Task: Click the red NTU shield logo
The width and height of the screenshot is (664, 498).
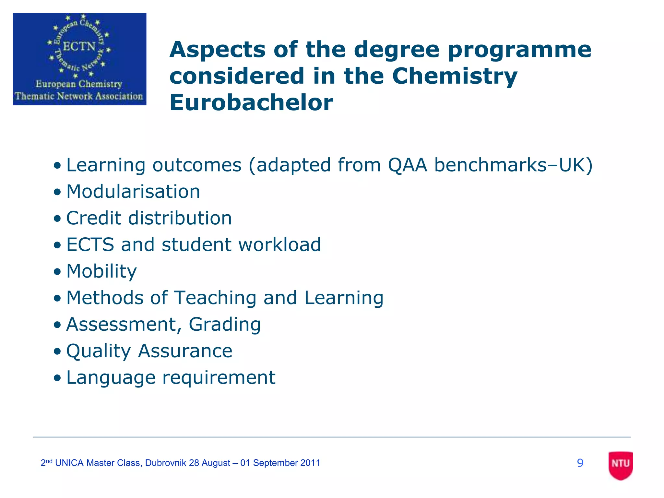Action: coord(621,465)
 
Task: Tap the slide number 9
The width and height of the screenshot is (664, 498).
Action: coord(580,463)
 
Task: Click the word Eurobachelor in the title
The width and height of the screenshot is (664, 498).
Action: coord(251,102)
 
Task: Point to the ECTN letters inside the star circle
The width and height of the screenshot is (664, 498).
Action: coord(79,46)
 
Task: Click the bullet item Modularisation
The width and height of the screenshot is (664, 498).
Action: coord(133,191)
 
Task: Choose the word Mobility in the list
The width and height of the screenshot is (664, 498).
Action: coord(101,271)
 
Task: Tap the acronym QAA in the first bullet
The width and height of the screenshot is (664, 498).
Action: coord(408,165)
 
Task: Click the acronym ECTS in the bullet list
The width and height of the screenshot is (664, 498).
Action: coord(90,244)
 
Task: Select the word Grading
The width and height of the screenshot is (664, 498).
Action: coord(225,324)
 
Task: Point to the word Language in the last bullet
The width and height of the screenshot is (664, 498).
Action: coord(111,378)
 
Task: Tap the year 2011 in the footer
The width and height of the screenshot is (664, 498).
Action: coord(310,463)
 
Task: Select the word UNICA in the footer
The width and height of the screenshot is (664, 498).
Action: coord(69,463)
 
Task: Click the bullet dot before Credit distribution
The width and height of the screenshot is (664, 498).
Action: coord(57,219)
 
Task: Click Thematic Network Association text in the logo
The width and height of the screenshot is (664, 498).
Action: coord(79,96)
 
